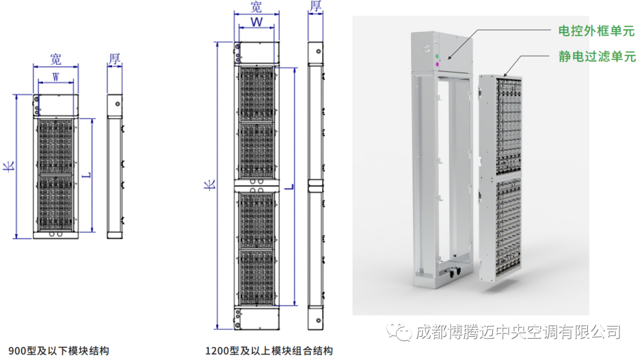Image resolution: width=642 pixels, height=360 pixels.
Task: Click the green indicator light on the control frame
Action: (438, 55)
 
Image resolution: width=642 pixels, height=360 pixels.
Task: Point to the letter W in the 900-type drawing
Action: (55, 77)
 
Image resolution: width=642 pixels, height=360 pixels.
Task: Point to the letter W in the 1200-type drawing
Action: (257, 23)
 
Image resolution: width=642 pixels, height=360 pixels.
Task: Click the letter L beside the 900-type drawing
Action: (87, 176)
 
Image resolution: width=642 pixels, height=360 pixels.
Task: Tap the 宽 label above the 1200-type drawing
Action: (256, 7)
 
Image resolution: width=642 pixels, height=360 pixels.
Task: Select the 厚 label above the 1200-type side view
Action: (315, 7)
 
